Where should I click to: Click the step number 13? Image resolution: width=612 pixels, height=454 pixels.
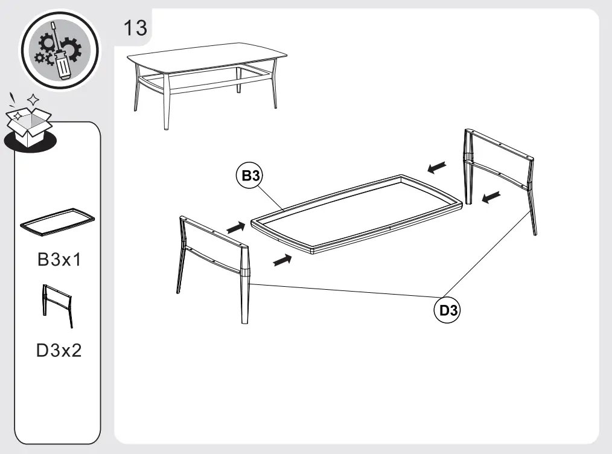135,28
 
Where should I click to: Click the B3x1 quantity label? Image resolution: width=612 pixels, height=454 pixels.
59,260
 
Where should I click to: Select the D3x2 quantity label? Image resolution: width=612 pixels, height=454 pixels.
59,351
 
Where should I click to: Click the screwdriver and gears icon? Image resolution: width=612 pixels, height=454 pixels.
59,50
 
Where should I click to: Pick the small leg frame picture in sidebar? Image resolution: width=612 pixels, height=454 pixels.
57,305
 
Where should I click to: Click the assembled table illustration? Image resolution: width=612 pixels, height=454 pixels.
205,78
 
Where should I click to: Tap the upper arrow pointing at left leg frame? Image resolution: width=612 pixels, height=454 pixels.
236,228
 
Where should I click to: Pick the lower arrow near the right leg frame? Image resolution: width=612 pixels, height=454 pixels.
491,196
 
